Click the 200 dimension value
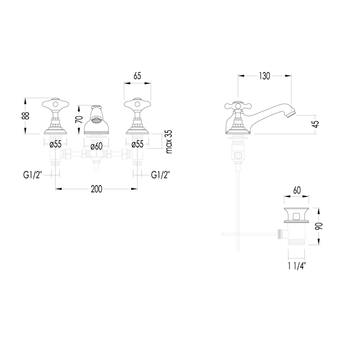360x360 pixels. pyautogui.click(x=96, y=189)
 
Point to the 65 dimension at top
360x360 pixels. pyautogui.click(x=137, y=76)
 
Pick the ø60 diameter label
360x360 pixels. pyautogui.click(x=97, y=146)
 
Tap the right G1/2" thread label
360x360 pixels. pyautogui.click(x=161, y=175)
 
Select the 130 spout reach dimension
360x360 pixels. pyautogui.click(x=264, y=76)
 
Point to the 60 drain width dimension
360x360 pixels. pyautogui.click(x=297, y=191)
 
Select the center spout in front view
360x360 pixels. pyautogui.click(x=96, y=121)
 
